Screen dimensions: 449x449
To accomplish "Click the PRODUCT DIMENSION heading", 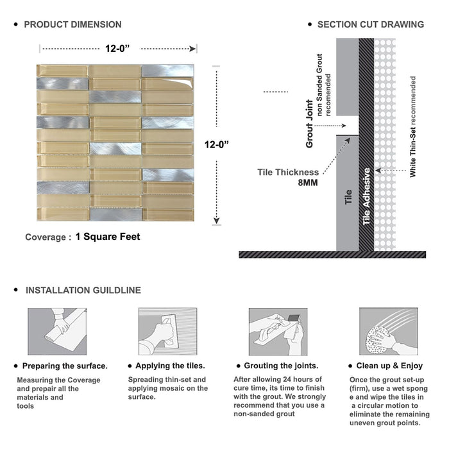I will (72, 24).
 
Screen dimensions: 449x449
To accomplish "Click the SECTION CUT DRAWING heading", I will (370, 24).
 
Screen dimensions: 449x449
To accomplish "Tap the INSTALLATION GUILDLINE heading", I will (83, 291).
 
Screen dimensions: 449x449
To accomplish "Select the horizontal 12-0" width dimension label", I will (119, 48).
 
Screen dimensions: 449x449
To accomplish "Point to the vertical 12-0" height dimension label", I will (217, 145).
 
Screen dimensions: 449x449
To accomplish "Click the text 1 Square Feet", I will (108, 237).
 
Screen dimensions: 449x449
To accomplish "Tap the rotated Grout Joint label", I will (310, 123).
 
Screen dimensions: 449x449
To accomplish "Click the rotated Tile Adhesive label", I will (367, 196).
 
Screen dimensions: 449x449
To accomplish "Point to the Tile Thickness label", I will (288, 172).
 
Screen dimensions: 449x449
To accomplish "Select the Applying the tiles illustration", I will (166, 331).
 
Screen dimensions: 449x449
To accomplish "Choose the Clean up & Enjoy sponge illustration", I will (387, 331).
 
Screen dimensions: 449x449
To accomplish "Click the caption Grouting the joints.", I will (281, 366).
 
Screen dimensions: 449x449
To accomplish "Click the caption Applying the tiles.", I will (171, 366).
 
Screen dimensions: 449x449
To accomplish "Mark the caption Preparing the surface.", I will (65, 366).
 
